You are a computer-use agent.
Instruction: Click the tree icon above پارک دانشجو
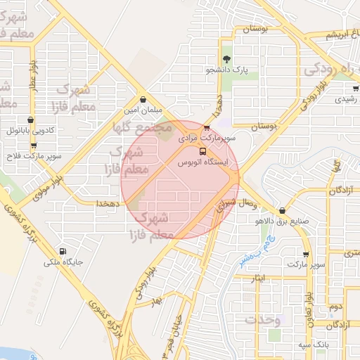[x=226, y=59]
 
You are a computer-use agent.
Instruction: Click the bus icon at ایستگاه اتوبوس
[x=203, y=151]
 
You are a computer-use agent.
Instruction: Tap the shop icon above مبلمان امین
[x=143, y=100]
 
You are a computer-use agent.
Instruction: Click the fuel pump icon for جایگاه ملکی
[x=64, y=251]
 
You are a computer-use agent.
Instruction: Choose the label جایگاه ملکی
[x=64, y=262]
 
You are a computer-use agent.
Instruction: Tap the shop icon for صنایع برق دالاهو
[x=282, y=210]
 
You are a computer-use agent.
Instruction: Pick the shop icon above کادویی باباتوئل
[x=30, y=120]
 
